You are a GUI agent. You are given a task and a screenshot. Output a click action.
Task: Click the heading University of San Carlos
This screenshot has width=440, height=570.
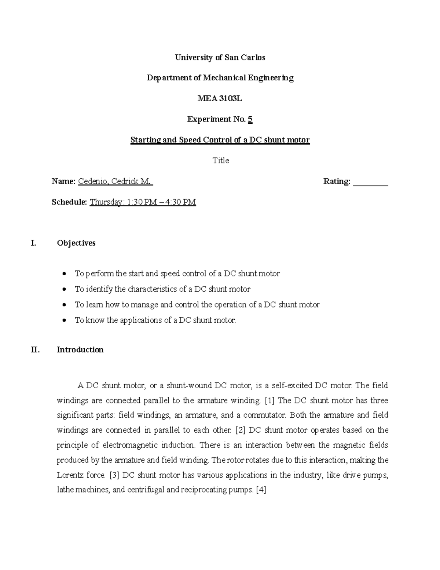(220, 58)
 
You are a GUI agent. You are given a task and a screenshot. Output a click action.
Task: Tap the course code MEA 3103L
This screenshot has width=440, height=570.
(220, 99)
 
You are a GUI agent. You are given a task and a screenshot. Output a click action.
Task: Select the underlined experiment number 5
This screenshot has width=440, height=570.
(250, 119)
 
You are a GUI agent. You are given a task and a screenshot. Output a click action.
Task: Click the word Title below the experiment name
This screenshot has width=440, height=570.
(221, 161)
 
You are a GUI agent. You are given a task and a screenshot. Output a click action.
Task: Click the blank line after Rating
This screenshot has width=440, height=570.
(370, 182)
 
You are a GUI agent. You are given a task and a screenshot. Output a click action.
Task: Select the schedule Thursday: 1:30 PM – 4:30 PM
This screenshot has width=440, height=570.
(143, 202)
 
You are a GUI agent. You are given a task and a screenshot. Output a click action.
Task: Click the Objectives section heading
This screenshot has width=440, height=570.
(76, 243)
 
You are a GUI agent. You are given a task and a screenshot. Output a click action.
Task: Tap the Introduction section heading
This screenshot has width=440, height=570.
(80, 350)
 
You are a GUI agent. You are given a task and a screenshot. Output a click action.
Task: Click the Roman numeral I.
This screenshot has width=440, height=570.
(34, 243)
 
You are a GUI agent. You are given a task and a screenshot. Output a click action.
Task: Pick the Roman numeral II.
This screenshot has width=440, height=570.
(35, 350)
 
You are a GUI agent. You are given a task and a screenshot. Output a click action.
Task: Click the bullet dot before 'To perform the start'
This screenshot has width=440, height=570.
(65, 274)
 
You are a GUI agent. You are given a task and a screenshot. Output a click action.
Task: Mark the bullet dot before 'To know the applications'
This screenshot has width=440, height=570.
(65, 320)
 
